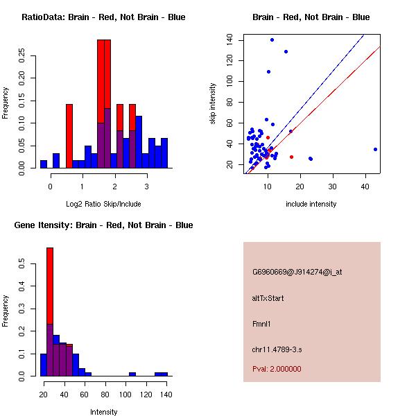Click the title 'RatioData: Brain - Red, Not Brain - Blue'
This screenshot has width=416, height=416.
click(x=103, y=17)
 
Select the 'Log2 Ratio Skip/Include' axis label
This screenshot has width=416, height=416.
click(x=103, y=204)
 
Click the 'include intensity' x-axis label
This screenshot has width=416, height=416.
click(x=311, y=204)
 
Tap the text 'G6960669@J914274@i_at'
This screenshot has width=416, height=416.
click(x=297, y=272)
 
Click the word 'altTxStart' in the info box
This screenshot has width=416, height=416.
click(x=268, y=298)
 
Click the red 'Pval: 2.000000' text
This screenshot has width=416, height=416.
click(x=277, y=369)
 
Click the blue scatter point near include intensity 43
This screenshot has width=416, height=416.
click(x=375, y=149)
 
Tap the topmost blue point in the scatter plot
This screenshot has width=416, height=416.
click(x=272, y=40)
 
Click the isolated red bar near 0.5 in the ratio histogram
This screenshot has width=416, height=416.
click(x=69, y=136)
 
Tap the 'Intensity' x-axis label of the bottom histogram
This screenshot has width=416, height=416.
click(x=104, y=412)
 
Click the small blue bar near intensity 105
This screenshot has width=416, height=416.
click(x=132, y=374)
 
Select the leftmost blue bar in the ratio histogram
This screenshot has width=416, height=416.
click(x=44, y=164)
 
